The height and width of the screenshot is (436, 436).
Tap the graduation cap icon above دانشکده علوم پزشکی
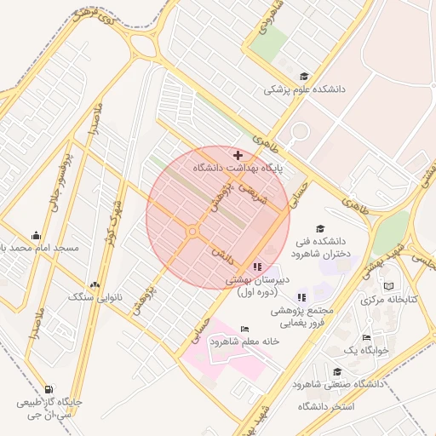coord(304,76)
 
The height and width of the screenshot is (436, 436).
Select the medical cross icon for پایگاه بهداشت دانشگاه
coord(237,155)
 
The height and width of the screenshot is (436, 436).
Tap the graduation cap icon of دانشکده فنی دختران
coord(320,228)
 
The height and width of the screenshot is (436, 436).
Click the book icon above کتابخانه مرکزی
coord(389,286)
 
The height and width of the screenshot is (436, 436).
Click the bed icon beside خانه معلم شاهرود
coord(245,329)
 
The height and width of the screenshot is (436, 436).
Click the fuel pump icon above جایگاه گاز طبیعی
coord(46,388)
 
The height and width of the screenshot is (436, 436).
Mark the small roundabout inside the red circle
coord(193,230)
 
